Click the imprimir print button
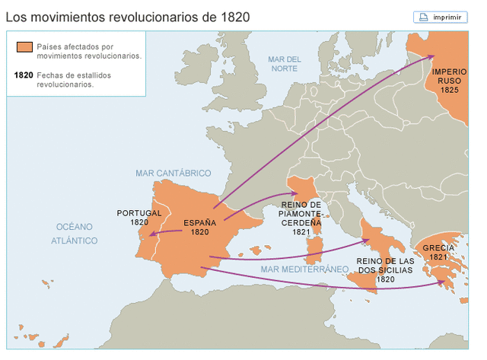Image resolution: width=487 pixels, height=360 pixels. pyautogui.click(x=441, y=17)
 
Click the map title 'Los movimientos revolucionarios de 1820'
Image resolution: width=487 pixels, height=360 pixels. pyautogui.click(x=128, y=16)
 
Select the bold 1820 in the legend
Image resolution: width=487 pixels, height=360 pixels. pyautogui.click(x=24, y=75)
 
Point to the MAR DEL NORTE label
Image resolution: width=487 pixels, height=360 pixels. pyautogui.click(x=285, y=64)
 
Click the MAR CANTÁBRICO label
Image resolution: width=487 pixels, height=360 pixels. pyautogui.click(x=173, y=173)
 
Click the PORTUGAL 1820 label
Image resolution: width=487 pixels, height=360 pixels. pyautogui.click(x=139, y=218)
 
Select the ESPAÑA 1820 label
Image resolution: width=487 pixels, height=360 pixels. pyautogui.click(x=199, y=228)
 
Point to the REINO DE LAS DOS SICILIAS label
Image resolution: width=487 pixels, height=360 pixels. pyautogui.click(x=385, y=269)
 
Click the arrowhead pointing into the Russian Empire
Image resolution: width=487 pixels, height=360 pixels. pyautogui.click(x=431, y=56)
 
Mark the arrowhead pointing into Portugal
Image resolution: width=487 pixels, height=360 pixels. pyautogui.click(x=152, y=235)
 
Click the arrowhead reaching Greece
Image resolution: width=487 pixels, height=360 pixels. pyautogui.click(x=444, y=283)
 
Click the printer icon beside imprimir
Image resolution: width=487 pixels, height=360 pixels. pyautogui.click(x=424, y=17)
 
